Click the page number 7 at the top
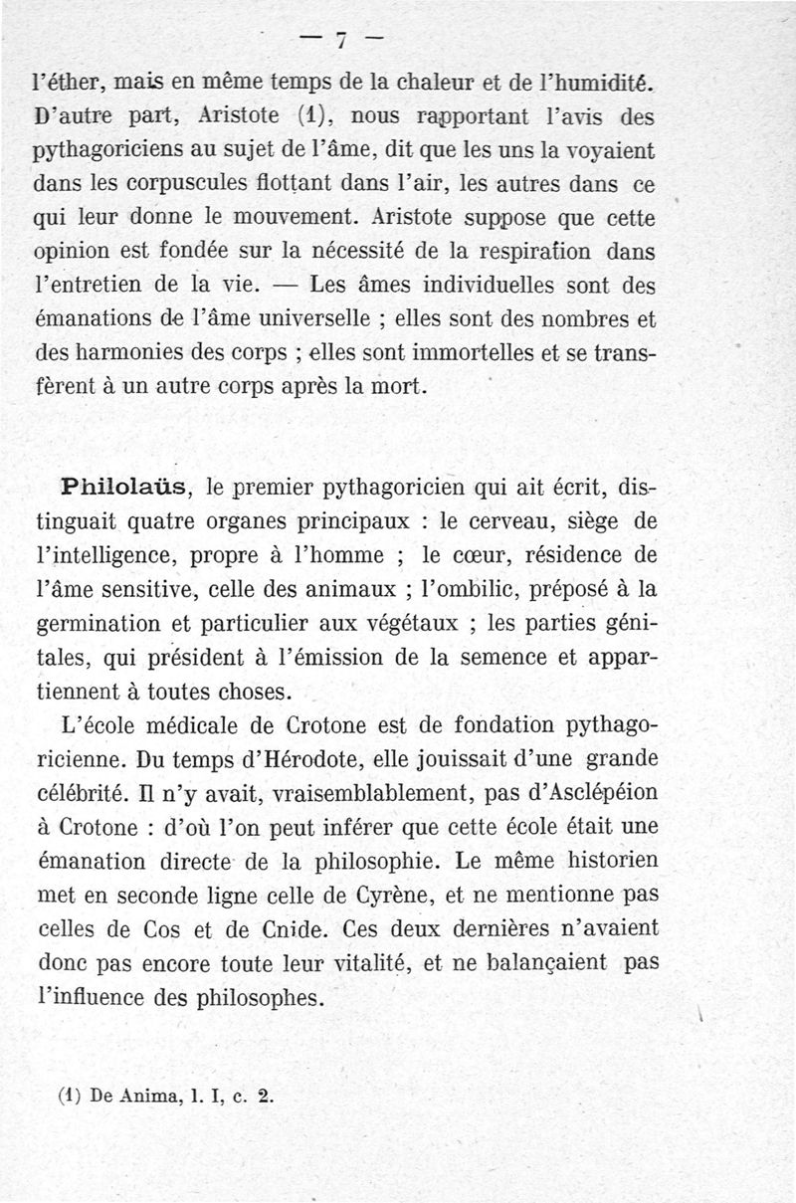(x=340, y=41)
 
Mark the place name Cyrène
(x=393, y=896)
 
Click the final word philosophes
(x=263, y=998)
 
